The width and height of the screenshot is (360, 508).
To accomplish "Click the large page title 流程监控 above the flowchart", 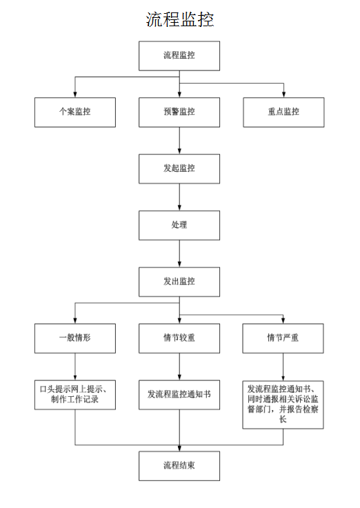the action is click(x=180, y=19).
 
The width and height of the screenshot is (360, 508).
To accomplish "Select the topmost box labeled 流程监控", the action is click(x=179, y=56).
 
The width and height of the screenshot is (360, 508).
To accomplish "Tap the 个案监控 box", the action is click(x=75, y=113).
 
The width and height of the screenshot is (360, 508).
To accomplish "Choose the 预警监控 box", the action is click(x=179, y=113).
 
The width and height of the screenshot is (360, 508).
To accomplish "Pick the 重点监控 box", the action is click(x=283, y=113).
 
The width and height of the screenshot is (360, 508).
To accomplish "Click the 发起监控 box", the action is click(x=179, y=169).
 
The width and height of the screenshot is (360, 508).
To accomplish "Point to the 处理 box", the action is click(x=179, y=226).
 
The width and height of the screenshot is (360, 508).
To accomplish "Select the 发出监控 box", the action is click(x=179, y=282).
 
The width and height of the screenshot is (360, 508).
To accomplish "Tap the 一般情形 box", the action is click(x=75, y=338).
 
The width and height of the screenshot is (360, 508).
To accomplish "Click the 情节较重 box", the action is click(x=179, y=338).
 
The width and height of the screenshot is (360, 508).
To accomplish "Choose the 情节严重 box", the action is click(x=283, y=338).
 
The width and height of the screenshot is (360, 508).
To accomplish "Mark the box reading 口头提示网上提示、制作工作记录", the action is click(x=75, y=395).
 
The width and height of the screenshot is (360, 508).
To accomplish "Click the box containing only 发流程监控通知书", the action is click(x=179, y=395).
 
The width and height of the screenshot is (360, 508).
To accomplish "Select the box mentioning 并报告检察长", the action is click(x=283, y=405).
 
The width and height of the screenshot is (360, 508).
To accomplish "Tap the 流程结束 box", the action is click(x=179, y=466).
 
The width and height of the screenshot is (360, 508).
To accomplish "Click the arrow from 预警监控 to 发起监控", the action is click(x=179, y=141).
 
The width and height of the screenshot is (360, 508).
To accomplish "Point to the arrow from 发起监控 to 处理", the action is click(x=179, y=197).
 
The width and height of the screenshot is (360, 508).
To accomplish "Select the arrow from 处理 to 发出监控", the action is click(x=179, y=254).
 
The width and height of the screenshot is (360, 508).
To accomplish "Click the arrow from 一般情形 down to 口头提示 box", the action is click(x=75, y=367).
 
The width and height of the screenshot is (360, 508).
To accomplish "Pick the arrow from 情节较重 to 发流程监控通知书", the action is click(x=179, y=367).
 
